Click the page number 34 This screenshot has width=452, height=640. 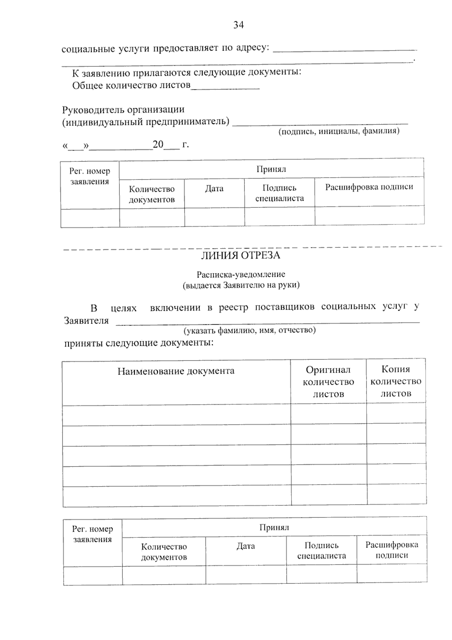click(238, 25)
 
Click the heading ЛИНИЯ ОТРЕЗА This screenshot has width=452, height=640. click(240, 256)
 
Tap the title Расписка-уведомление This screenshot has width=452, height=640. click(241, 275)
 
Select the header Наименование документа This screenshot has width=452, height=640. click(176, 371)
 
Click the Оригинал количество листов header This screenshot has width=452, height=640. click(328, 382)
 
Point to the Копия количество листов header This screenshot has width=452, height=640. click(395, 381)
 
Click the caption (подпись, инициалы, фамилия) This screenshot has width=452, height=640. click(339, 131)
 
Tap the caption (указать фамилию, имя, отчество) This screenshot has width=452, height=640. click(249, 331)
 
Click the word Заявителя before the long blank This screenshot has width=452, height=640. click(86, 321)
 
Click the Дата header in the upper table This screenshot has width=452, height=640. click(214, 189)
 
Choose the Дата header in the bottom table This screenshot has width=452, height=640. click(246, 546)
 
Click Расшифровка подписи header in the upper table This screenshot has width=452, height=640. click(369, 187)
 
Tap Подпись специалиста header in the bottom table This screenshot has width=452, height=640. click(321, 551)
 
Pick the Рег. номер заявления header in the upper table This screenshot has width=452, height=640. click(90, 176)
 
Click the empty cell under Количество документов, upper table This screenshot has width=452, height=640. click(152, 218)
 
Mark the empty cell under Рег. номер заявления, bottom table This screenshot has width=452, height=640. click(93, 576)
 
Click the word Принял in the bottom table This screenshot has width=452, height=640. click(274, 527)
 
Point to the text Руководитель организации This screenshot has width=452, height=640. click(123, 110)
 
